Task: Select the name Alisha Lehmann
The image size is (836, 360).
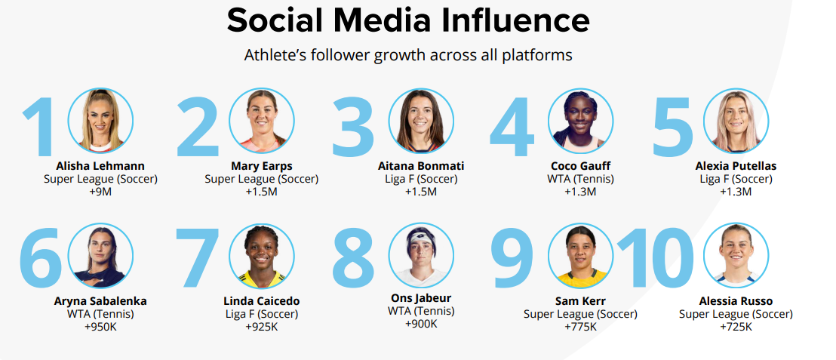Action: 100,166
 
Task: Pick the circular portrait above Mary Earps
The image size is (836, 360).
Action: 261,121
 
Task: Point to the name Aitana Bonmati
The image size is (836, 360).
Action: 421,166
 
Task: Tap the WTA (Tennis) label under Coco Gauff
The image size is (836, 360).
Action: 581,179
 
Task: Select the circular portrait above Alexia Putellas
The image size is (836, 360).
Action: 736,121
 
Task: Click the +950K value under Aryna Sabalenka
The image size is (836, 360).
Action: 100,327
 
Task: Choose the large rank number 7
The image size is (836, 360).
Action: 196,258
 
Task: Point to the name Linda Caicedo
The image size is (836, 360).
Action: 261,301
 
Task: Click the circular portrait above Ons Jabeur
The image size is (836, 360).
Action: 421,255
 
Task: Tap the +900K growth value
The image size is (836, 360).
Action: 421,323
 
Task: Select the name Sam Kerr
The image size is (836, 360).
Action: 581,301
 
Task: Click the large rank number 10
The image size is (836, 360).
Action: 655,258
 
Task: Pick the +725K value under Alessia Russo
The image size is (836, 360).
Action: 736,327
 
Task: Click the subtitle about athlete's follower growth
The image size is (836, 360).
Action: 408,55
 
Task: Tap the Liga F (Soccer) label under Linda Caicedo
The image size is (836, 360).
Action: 261,314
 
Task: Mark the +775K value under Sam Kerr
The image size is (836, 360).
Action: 581,327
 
